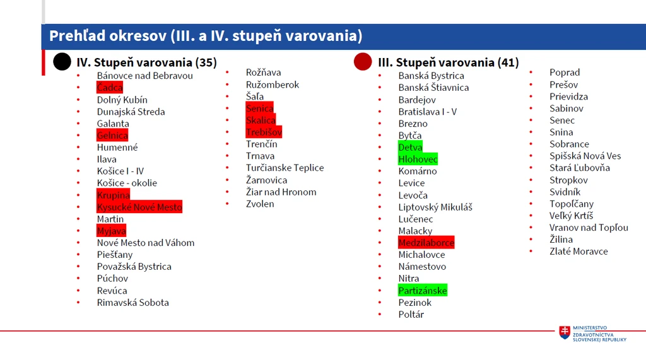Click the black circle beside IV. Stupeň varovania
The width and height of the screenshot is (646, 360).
[62, 62]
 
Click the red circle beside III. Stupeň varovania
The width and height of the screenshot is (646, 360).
[363, 62]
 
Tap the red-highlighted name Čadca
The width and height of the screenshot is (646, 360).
[110, 88]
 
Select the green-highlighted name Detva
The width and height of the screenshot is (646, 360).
[410, 147]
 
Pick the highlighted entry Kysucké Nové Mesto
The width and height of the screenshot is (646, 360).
[139, 207]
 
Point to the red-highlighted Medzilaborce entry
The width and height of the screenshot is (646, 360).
[426, 243]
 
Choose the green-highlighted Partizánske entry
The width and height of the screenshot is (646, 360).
[423, 291]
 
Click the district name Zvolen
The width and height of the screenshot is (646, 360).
[260, 204]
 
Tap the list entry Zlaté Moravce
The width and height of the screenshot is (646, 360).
[578, 252]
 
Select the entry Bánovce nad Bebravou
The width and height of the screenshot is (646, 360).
[144, 76]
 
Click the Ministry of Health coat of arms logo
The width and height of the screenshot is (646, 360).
[565, 332]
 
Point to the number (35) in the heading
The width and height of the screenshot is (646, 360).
[206, 62]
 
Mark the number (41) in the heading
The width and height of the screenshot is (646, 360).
[508, 62]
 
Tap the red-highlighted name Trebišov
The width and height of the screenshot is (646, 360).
[264, 132]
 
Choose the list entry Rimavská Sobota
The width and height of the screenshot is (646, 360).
[132, 303]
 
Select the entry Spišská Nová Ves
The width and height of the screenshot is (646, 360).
[585, 156]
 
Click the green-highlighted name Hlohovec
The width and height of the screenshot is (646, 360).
[418, 159]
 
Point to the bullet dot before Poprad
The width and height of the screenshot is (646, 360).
[531, 73]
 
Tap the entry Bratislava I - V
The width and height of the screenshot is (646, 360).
[427, 112]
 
